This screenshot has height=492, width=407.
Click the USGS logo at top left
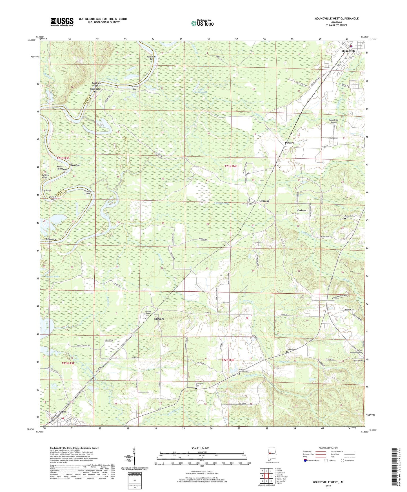coord(62,22)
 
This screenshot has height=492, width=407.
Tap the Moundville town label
coord(348,51)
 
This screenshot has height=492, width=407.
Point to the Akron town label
coord(63,412)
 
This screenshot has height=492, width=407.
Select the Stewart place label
coord(159,319)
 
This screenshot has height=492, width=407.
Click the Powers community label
coord(289,143)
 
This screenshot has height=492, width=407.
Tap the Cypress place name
coord(264,201)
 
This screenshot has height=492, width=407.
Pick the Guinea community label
coord(302,210)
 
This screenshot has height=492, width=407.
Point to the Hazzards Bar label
coord(151,58)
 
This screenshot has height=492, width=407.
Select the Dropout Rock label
coord(135,88)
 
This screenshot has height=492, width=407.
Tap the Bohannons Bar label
coord(51,240)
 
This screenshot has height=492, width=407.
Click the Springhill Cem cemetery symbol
coord(196,389)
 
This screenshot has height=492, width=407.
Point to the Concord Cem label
coord(292,349)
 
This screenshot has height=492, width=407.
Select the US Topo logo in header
coord(202,23)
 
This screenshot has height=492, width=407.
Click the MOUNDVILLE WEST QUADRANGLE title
coord(336,19)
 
